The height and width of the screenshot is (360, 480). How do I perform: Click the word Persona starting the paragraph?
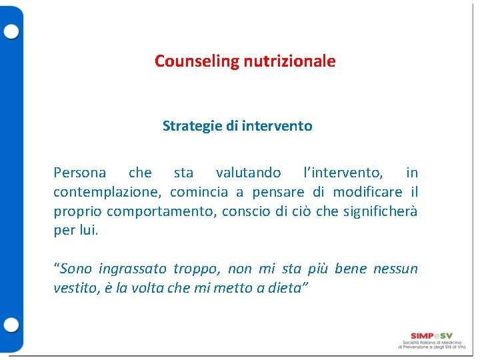(79, 173)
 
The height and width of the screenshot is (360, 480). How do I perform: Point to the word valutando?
(248, 173)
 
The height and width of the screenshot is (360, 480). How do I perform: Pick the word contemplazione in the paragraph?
(108, 193)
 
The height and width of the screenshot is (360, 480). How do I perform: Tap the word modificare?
(367, 192)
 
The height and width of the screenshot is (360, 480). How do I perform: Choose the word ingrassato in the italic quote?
(133, 269)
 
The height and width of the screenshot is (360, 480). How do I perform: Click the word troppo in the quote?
(197, 269)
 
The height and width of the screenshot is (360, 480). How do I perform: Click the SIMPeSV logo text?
(431, 335)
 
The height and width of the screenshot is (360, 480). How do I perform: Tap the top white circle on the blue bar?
(11, 31)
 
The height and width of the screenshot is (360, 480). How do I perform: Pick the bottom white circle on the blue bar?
(11, 325)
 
